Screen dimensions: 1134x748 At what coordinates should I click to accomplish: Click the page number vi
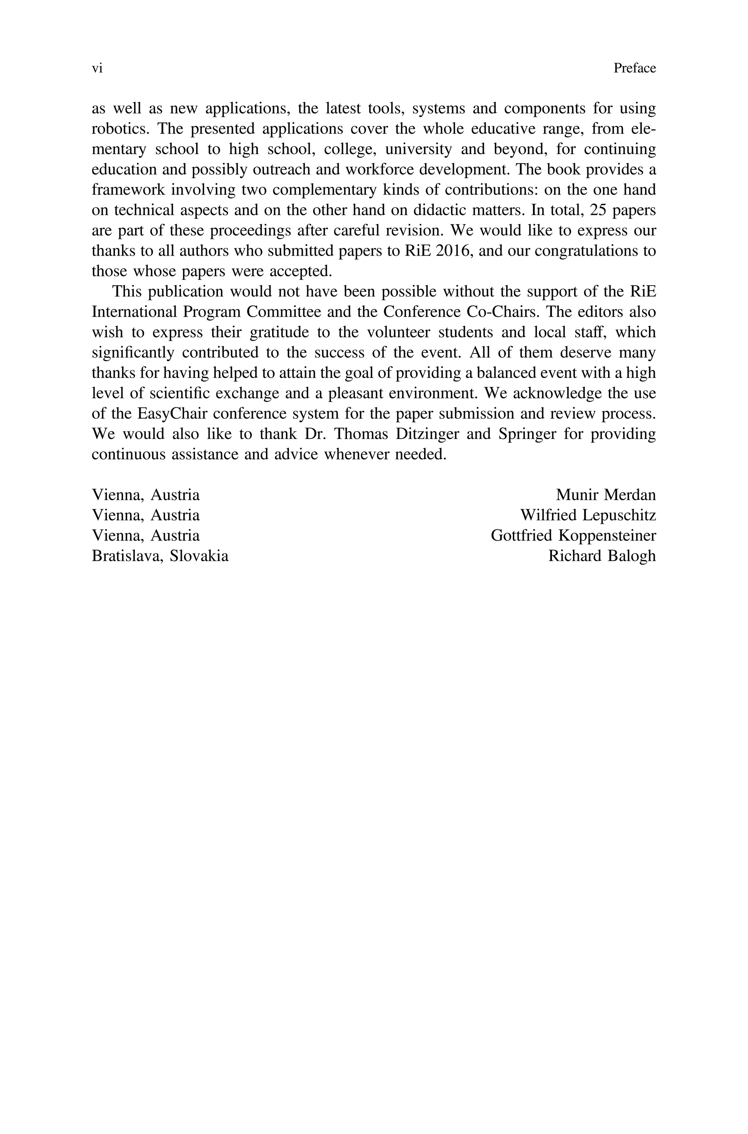(97, 69)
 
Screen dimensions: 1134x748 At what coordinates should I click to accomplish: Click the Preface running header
(634, 69)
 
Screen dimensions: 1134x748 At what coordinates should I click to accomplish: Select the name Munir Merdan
(606, 495)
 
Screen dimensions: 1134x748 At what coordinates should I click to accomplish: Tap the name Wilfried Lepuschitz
(588, 515)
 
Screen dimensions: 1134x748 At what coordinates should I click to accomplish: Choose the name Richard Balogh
(602, 556)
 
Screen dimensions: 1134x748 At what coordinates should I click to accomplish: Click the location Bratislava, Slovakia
(160, 556)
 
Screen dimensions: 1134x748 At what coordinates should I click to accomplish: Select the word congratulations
(589, 251)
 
